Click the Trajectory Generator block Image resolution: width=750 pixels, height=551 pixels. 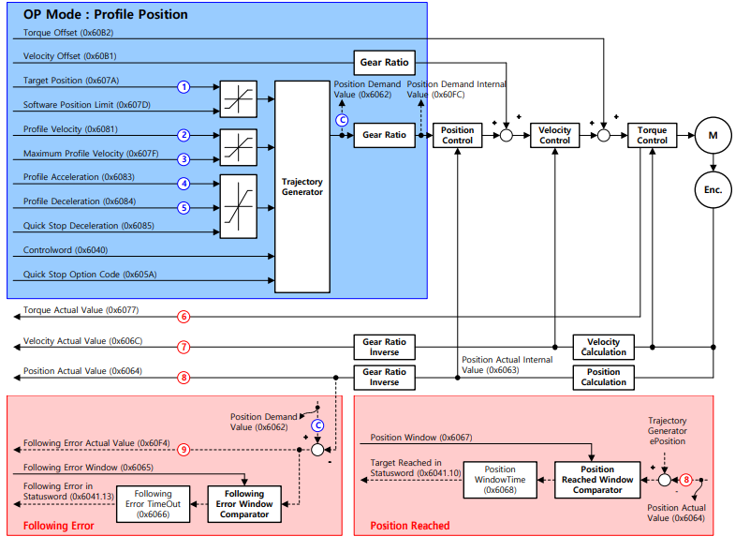coord(301,186)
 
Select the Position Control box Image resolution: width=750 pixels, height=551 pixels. coord(457,135)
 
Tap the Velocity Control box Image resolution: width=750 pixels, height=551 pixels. coord(555,135)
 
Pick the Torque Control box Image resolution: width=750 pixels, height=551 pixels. coord(652,135)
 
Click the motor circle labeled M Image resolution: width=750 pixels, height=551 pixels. coord(713,135)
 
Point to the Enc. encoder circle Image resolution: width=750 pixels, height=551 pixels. coord(713,189)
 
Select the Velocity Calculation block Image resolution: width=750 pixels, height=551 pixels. coord(603,347)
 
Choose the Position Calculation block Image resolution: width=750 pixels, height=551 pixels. coord(603,377)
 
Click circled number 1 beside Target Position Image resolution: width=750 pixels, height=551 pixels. coord(184,86)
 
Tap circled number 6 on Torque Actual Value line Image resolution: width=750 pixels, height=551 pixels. coord(184,317)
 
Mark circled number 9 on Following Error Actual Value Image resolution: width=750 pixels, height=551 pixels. coord(184,450)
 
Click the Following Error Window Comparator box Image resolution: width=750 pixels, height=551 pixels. coord(244,504)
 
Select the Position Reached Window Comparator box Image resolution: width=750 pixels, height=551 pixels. coord(597,479)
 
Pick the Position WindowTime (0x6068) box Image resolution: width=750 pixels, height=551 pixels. coord(500,479)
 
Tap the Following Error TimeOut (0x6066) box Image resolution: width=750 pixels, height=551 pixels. coord(153,504)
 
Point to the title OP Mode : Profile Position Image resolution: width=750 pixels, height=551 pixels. coord(105,15)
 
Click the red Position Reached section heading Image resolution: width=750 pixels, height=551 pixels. coord(410,526)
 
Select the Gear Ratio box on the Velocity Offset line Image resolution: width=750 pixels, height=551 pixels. coord(384,63)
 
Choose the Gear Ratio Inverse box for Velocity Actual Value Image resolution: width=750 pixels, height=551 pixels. coord(384,347)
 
